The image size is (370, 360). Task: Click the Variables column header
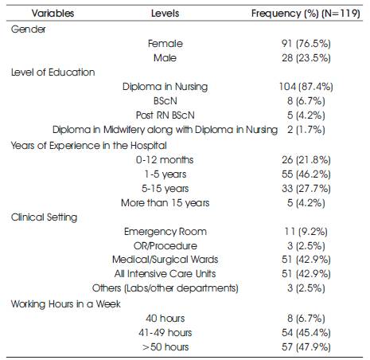53,14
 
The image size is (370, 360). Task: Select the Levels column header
165,14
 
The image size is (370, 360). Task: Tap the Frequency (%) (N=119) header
306,14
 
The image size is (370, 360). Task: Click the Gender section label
28,29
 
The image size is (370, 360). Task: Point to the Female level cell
166,44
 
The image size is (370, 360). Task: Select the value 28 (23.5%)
306,58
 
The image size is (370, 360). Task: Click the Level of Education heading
53,72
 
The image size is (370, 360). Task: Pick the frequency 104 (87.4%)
306,87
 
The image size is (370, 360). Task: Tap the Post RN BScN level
165,115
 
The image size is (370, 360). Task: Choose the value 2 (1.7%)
306,130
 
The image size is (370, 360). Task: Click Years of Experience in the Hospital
88,146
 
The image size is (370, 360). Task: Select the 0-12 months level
165,160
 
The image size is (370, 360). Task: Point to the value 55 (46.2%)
306,174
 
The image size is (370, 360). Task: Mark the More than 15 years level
165,203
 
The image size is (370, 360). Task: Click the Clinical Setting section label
44,217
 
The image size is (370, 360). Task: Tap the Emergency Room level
166,232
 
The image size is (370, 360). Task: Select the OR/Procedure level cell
166,246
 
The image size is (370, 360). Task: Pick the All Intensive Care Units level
165,273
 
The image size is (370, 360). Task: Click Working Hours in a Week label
65,303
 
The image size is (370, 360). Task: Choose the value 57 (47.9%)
306,346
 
